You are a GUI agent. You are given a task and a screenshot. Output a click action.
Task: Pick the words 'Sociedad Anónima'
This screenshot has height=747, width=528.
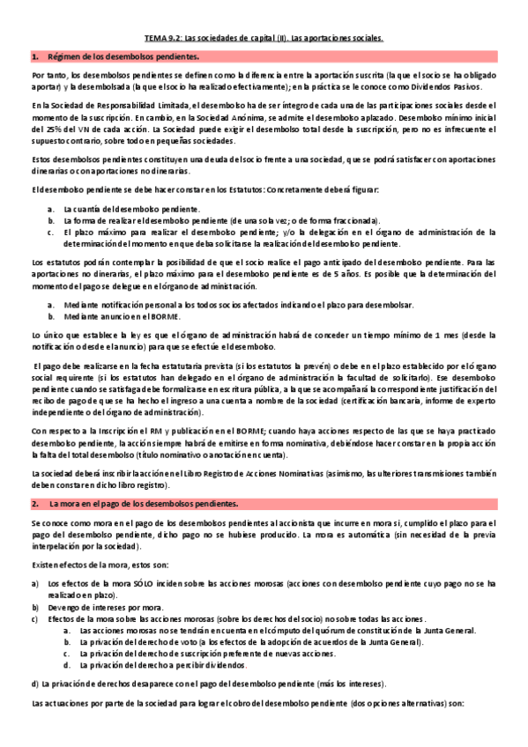point(229,117)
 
